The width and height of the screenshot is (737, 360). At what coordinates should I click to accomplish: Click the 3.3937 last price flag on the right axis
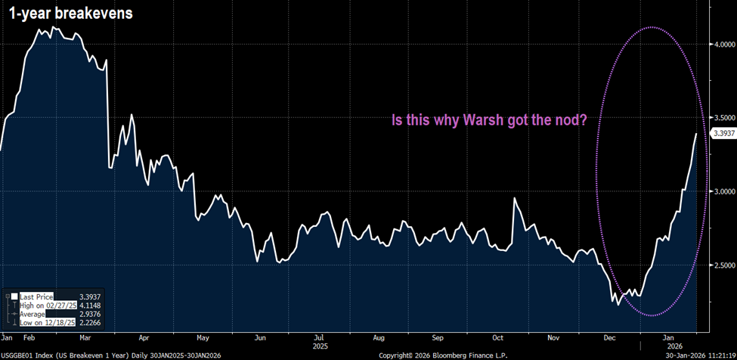(x=724, y=133)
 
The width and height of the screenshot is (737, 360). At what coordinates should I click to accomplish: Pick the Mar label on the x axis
(x=85, y=337)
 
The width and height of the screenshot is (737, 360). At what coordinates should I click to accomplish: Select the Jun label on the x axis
(x=261, y=337)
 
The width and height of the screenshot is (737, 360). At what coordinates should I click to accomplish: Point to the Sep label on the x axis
(x=438, y=337)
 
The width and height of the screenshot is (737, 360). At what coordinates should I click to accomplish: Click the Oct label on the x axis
(x=496, y=337)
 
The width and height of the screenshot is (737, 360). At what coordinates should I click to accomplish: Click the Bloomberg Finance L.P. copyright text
(x=441, y=354)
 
